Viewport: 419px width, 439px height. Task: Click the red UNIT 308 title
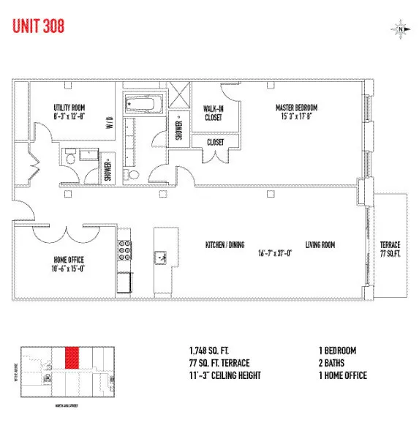[x=39, y=26]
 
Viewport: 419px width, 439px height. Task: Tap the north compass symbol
[x=401, y=29]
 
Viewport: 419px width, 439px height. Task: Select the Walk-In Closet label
[x=214, y=112]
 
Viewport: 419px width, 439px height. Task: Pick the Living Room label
[x=320, y=244]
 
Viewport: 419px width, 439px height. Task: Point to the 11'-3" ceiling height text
[x=224, y=376]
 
